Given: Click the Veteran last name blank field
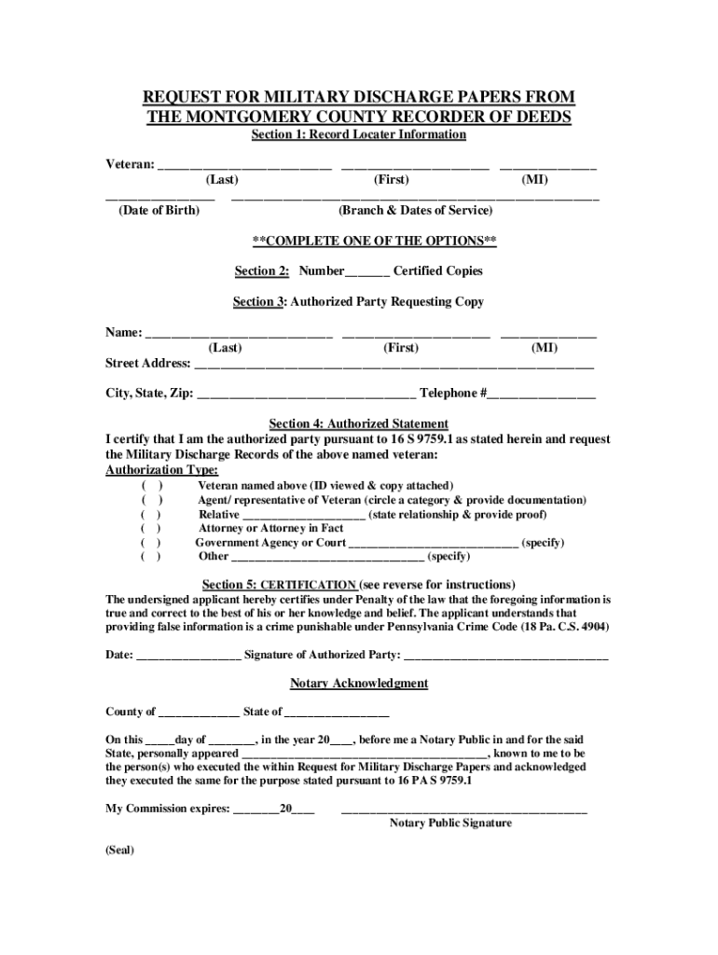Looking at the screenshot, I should (244, 165).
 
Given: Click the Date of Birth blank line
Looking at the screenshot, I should (159, 197).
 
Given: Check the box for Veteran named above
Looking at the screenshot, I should (151, 486).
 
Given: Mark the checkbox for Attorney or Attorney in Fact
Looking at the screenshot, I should (151, 528).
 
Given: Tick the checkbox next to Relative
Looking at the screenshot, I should (151, 514).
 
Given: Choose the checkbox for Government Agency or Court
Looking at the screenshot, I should (151, 542).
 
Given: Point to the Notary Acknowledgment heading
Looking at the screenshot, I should (359, 684).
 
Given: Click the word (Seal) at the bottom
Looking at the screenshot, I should (120, 851).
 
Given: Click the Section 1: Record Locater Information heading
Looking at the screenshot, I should (359, 135).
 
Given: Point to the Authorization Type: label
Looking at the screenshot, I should (162, 470).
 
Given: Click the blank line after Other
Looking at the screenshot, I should (326, 558).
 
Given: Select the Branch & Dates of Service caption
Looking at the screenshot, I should (416, 211).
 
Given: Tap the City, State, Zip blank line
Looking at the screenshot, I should (307, 394).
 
